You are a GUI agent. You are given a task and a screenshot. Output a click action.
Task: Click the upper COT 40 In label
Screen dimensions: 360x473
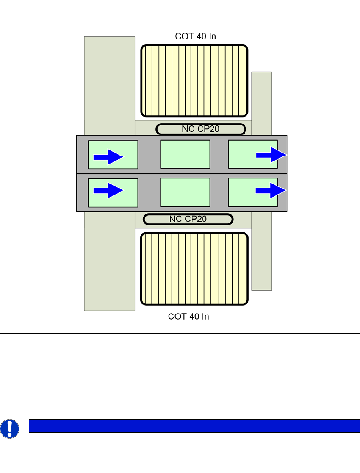(195, 36)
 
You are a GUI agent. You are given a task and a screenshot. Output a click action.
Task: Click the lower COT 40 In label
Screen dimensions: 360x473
(188, 317)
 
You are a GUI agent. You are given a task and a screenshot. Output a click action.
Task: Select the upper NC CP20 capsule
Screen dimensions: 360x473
(201, 129)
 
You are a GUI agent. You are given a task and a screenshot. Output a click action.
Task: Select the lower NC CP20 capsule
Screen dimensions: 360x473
(188, 219)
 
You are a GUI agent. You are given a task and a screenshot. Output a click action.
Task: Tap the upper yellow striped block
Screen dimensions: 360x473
(194, 81)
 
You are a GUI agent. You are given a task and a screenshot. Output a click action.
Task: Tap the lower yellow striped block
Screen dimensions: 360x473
(194, 269)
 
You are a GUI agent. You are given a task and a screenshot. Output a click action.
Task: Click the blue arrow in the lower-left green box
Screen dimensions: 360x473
(108, 191)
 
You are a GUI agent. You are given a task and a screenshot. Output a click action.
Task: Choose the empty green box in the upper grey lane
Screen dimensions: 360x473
(185, 154)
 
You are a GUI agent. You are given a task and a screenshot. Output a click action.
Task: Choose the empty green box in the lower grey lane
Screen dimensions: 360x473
(185, 192)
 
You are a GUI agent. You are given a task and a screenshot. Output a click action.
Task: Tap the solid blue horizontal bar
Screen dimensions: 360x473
(191, 426)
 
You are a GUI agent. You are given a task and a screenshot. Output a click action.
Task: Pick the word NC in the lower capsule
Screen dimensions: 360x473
(175, 219)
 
